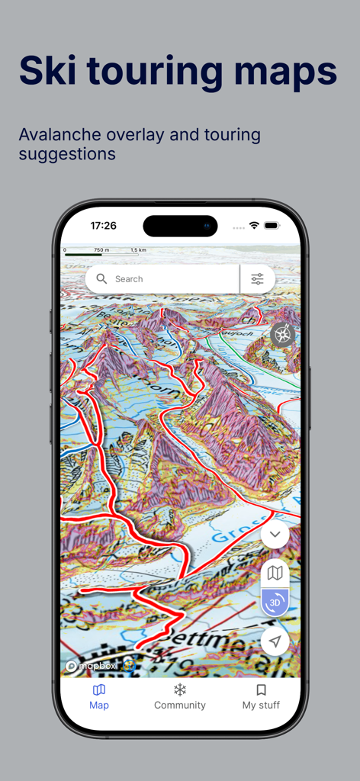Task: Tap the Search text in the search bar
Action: (x=129, y=279)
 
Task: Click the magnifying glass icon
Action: (x=101, y=279)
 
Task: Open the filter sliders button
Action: (x=257, y=279)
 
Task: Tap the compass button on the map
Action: (x=283, y=334)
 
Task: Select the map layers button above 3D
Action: (x=275, y=574)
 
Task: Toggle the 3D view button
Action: (x=275, y=603)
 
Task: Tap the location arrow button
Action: (x=275, y=641)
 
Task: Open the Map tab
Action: (x=99, y=696)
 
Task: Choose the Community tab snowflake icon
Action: (x=180, y=690)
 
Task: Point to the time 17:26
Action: (x=103, y=226)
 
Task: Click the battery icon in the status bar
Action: (x=272, y=226)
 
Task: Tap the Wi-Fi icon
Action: (x=254, y=226)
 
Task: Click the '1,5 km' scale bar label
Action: (x=138, y=250)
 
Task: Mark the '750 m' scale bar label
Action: (x=101, y=250)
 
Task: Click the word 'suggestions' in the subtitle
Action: (x=67, y=153)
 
